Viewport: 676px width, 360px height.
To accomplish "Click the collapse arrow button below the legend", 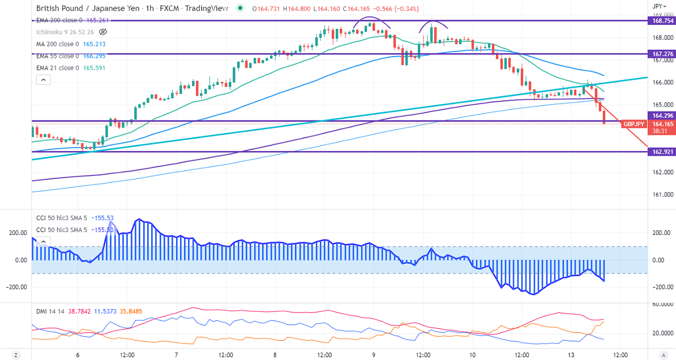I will coord(44,80).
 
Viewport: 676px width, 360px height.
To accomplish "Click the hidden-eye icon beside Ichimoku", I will coord(102,32).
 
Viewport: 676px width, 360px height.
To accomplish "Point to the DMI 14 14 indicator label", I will coord(49,311).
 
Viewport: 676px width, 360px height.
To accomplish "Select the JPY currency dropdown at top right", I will coord(657,6).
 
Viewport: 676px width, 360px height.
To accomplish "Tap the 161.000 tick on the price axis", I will coord(659,195).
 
